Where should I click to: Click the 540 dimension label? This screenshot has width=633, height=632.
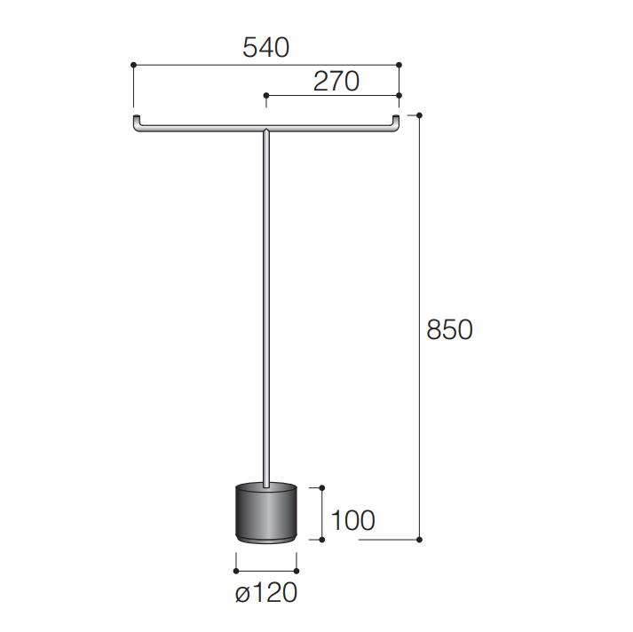(265, 48)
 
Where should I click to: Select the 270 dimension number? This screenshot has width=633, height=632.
(336, 82)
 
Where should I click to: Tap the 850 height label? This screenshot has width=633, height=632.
(449, 329)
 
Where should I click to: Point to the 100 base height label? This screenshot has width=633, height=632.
(352, 520)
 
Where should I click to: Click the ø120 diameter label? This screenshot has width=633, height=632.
(266, 593)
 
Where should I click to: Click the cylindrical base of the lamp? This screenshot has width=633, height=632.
(266, 512)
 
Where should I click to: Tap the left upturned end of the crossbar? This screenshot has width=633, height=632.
(137, 120)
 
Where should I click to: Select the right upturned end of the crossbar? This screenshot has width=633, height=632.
(396, 120)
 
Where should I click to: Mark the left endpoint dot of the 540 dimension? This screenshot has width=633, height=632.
(134, 65)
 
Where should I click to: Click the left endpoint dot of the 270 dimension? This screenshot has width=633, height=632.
(266, 95)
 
